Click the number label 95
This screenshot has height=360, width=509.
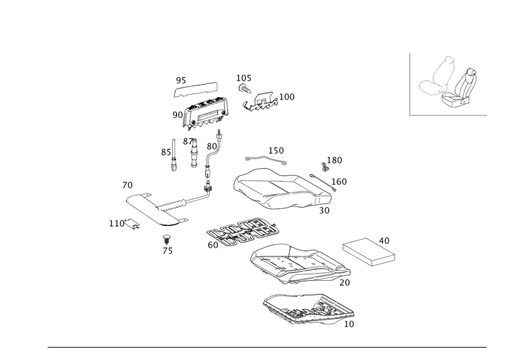click(181, 80)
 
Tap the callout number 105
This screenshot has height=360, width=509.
click(243, 77)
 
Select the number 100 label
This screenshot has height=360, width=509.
click(287, 97)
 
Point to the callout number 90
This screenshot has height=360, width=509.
click(177, 115)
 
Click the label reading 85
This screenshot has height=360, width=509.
click(165, 152)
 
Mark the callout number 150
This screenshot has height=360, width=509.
click(276, 151)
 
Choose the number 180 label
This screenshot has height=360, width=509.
click(335, 160)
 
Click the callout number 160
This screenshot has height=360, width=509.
click(339, 181)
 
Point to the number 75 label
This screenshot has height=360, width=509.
click(167, 251)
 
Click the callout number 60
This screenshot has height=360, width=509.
click(213, 245)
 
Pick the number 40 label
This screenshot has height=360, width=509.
click(384, 240)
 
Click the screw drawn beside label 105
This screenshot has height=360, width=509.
click(243, 88)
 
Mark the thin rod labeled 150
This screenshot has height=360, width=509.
click(265, 158)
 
